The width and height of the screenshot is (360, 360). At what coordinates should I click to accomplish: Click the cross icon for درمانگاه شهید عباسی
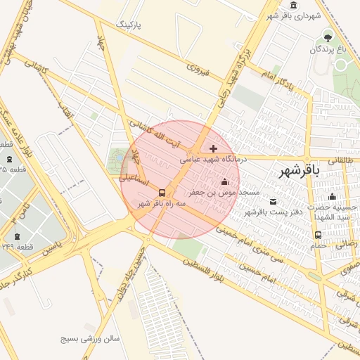[213, 148]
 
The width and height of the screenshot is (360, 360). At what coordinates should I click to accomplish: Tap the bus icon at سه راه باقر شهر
[162, 193]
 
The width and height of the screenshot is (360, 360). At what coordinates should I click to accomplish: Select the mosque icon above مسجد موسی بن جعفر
[225, 182]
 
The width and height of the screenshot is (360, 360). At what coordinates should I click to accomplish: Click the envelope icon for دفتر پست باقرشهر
[273, 202]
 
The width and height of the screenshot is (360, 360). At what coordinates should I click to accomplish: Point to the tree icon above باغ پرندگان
[327, 36]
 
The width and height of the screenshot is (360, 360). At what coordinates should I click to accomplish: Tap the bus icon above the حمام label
[318, 235]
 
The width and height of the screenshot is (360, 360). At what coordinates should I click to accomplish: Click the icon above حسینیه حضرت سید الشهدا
[333, 196]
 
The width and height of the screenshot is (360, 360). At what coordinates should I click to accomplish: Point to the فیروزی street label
[199, 68]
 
